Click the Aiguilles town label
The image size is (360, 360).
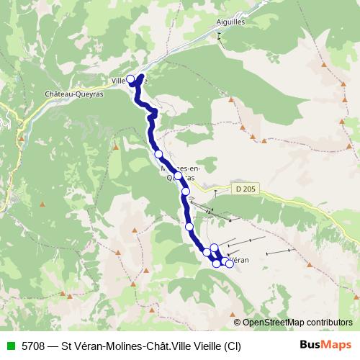click(231, 22)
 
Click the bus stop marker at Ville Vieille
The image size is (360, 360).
click(130, 79)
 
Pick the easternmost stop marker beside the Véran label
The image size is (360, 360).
click(230, 264)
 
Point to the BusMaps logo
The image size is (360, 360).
click(325, 346)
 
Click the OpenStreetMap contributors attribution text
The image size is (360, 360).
click(297, 322)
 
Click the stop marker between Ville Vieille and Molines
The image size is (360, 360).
click(158, 153)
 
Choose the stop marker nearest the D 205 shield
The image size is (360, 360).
click(186, 192)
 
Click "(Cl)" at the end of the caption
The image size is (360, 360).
click(232, 346)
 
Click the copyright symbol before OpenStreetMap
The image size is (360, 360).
click(238, 322)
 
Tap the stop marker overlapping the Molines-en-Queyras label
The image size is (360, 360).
click(178, 175)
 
